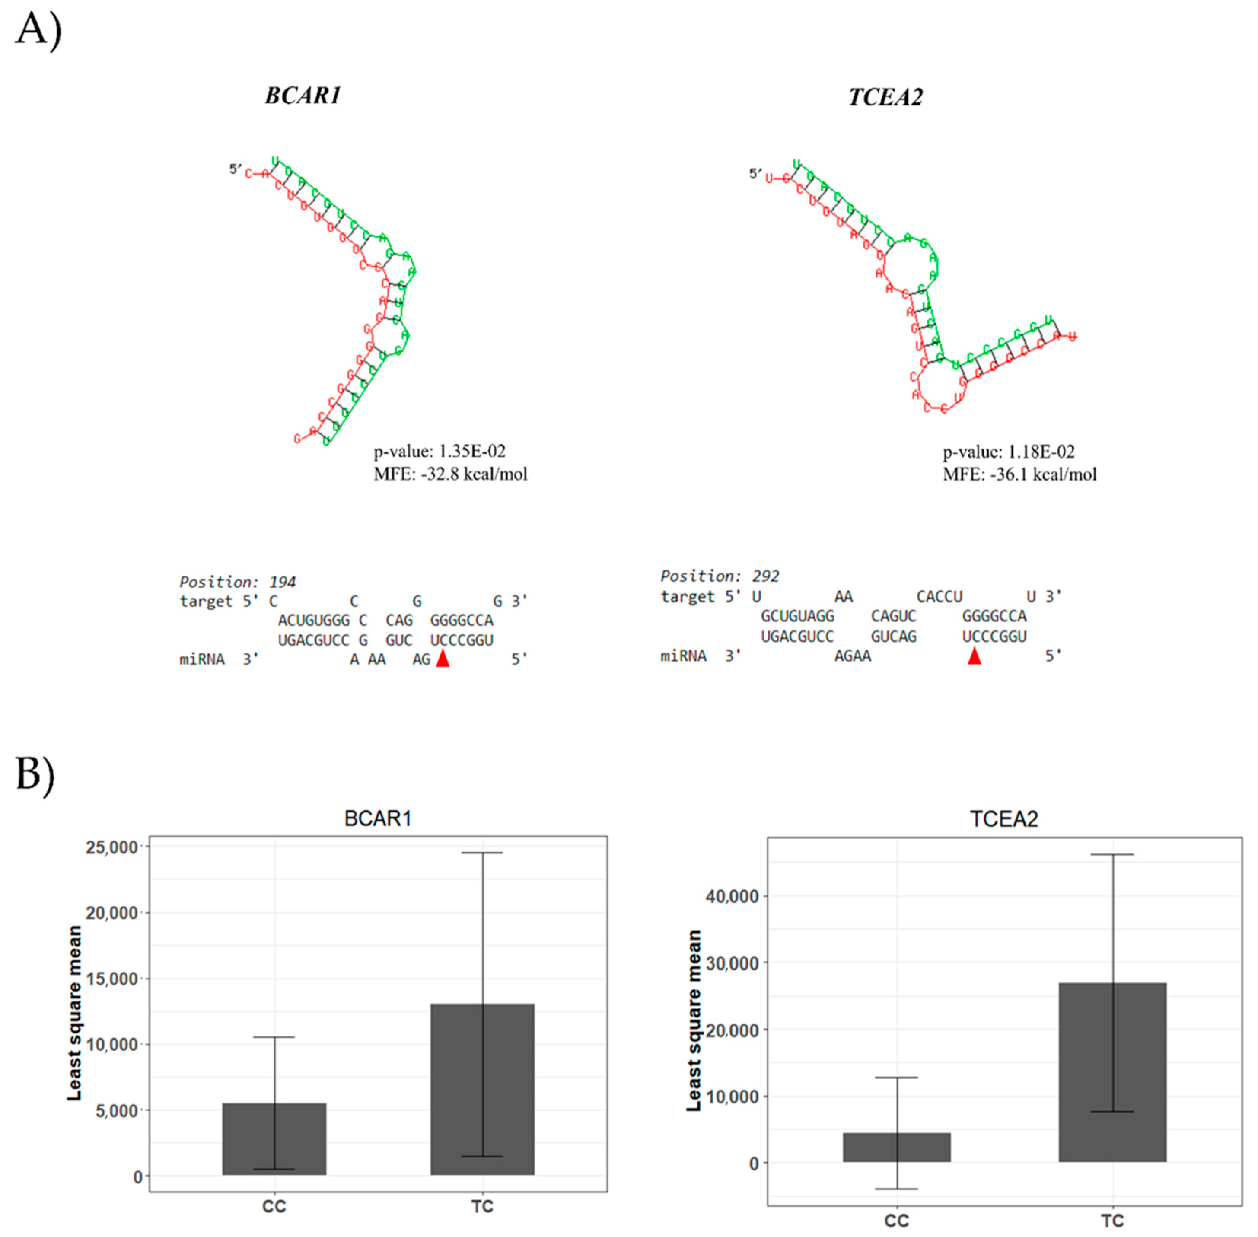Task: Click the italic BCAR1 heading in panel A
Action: pos(303,96)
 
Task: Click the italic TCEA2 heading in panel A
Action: pos(885,97)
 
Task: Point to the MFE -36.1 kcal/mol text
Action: pos(1019,474)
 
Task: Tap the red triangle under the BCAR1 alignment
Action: pos(443,659)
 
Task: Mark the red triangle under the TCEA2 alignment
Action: pos(974,657)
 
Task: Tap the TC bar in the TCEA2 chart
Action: pos(1112,1072)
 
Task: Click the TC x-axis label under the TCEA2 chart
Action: pos(1112,1221)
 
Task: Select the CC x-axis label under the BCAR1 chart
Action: pos(274,1207)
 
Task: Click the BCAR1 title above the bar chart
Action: pos(377,818)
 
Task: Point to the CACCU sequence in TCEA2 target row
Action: pos(939,596)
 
